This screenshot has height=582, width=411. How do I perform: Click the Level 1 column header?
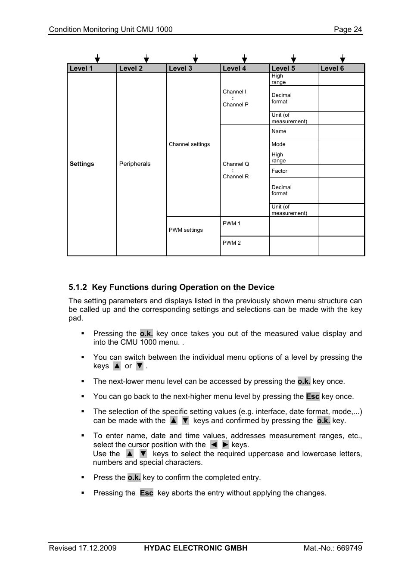tap(81, 68)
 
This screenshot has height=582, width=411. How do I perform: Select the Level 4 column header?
tap(234, 68)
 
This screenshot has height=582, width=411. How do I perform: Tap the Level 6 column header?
tap(332, 68)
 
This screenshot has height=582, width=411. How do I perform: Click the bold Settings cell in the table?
tap(82, 164)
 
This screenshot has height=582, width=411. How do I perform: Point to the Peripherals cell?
tap(135, 164)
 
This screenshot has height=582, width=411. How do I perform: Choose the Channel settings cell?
tap(189, 144)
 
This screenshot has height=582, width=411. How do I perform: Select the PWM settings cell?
tap(186, 230)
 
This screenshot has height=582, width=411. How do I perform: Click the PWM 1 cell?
tap(232, 224)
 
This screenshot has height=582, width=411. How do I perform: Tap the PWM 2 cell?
tap(232, 243)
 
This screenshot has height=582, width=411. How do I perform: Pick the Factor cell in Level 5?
tap(279, 171)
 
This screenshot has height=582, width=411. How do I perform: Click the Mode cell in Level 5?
tap(278, 144)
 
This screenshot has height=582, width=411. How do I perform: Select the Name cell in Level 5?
tap(279, 131)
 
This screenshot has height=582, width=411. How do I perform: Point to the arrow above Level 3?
tap(195, 59)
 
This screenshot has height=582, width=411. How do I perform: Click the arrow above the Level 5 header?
tap(293, 59)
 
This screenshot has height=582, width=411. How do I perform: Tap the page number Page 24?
tap(348, 29)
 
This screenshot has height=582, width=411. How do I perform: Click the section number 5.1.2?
tap(78, 287)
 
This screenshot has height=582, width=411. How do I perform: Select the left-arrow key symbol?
tap(214, 445)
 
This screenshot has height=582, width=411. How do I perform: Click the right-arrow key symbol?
tap(225, 445)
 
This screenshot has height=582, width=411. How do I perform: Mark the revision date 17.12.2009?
tap(97, 548)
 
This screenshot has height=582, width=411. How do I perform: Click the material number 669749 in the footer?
tap(349, 548)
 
